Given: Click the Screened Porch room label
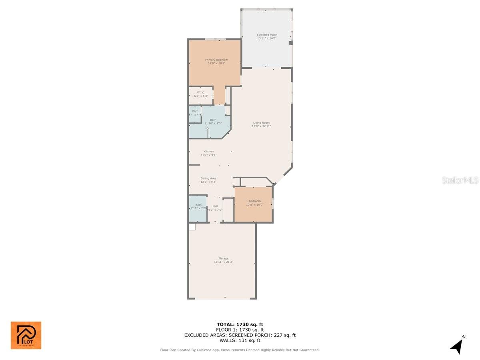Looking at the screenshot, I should [x=267, y=35].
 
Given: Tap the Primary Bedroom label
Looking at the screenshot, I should [x=216, y=60].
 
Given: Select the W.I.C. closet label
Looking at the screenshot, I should [x=201, y=92].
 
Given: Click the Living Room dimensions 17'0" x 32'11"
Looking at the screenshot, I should [x=261, y=126].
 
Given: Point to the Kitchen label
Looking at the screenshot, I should [x=208, y=152].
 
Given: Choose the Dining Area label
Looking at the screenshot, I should [x=208, y=178].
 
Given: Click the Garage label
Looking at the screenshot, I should [x=223, y=258].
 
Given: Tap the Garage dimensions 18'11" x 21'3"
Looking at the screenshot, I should [x=223, y=262].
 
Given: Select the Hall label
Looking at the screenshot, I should [x=215, y=206].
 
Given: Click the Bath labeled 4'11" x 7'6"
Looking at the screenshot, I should [x=198, y=207].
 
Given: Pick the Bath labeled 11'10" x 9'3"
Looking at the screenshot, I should [x=213, y=122].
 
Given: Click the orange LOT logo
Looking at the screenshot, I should [x=26, y=335].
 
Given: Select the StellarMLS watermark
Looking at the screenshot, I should [x=460, y=180].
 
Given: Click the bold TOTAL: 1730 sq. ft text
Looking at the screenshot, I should [x=240, y=324].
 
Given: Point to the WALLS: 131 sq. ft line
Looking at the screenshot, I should [x=240, y=341].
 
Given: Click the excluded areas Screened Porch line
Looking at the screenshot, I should [x=240, y=335].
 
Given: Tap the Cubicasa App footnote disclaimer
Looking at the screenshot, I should [x=240, y=350].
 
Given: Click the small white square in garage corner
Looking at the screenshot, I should [x=192, y=227].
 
